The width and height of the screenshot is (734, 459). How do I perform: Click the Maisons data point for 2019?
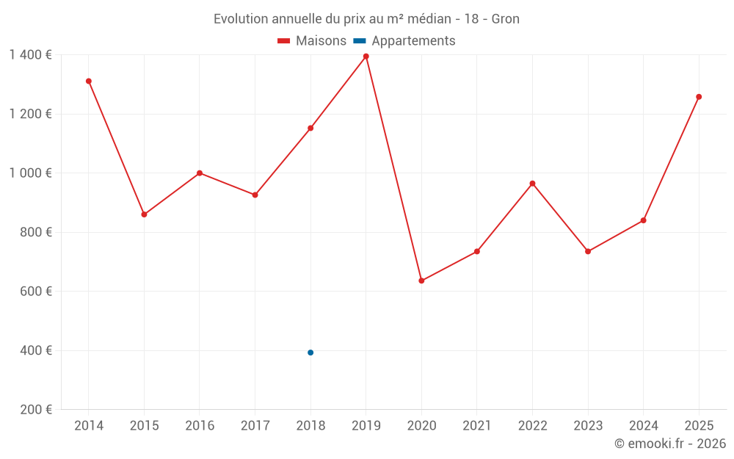click(x=366, y=57)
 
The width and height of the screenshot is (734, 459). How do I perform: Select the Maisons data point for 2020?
click(x=422, y=281)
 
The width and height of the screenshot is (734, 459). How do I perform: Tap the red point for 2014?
click(x=89, y=81)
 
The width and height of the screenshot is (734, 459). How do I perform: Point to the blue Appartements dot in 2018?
click(x=310, y=353)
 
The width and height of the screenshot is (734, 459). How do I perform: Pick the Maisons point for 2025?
click(x=699, y=97)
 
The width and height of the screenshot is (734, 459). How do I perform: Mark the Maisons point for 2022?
click(x=533, y=184)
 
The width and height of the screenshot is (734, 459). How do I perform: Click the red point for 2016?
click(x=200, y=173)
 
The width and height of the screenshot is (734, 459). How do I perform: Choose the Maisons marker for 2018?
click(x=310, y=128)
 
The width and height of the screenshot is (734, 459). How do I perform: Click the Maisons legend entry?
click(x=312, y=40)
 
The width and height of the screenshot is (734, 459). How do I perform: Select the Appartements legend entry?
click(x=404, y=40)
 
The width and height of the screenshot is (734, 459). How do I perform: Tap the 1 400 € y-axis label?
click(x=30, y=55)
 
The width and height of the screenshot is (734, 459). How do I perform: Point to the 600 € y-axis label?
click(x=36, y=292)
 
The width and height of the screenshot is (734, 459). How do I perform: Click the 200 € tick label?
click(x=36, y=409)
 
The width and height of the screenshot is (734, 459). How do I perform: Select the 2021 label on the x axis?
click(x=477, y=425)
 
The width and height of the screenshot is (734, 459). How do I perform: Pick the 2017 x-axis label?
click(x=255, y=425)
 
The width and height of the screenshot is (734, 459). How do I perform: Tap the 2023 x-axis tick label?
click(x=588, y=425)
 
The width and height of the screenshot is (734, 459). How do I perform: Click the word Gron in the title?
click(x=506, y=19)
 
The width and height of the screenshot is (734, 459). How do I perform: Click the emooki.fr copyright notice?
click(x=670, y=443)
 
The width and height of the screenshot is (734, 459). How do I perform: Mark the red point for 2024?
click(x=644, y=220)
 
